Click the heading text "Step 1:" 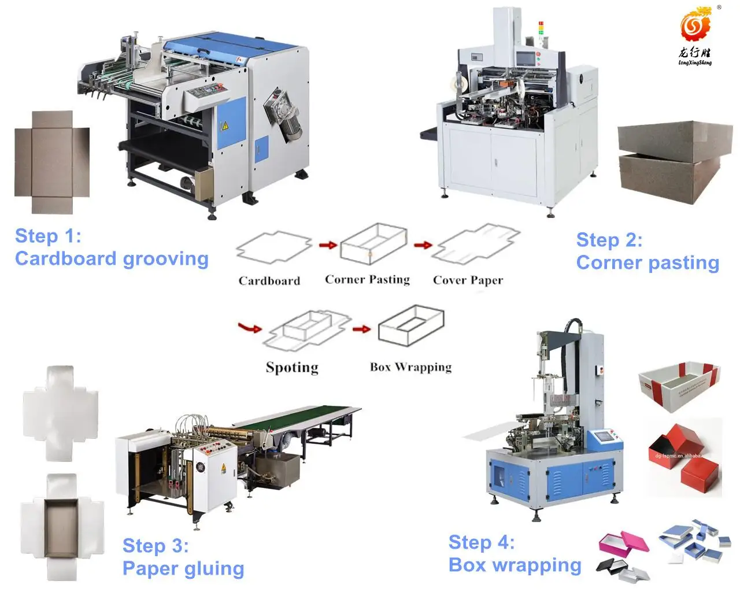pos(48,236)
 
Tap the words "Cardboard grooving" pos(112,258)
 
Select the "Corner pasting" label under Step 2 pos(647,262)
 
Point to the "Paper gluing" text pos(183,568)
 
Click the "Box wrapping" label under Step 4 pos(515,565)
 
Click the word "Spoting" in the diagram pos(292,368)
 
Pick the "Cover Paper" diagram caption pos(468,280)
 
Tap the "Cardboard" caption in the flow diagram pos(269,281)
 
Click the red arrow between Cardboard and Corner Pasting pos(328,245)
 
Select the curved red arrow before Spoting pos(249,328)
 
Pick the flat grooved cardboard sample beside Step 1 pos(52,162)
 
